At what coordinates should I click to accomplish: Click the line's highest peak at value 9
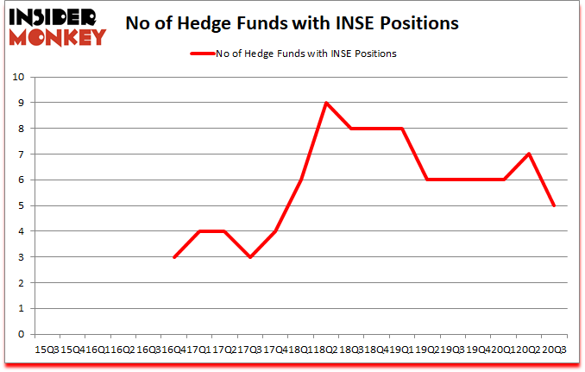pos(326,103)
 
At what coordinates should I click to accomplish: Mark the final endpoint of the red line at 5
pos(554,205)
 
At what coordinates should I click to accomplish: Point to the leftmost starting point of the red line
pos(173,257)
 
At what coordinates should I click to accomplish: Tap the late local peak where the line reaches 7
pos(528,154)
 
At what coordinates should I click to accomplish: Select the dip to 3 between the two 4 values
pos(250,257)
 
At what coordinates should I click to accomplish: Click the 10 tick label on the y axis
pos(19,77)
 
